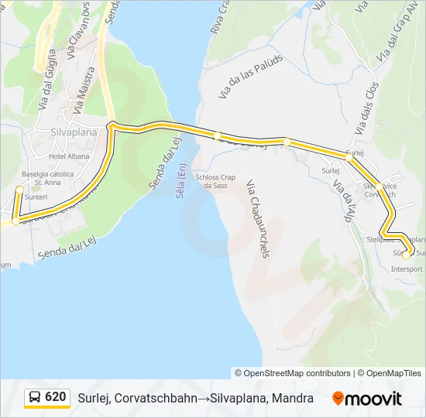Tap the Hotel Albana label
coord(69,156)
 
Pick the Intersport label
coord(407,269)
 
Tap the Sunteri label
coord(36,197)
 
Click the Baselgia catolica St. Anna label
coord(48,178)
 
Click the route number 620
coord(56,397)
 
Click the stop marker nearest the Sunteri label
coord(19,189)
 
